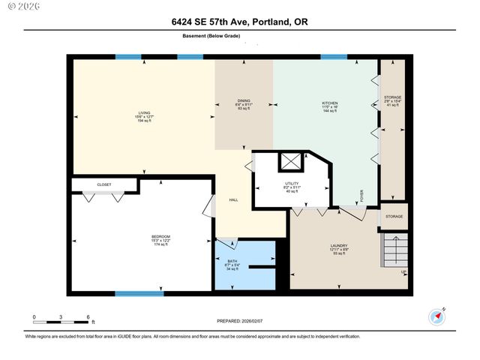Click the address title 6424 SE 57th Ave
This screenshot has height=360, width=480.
(x=239, y=22)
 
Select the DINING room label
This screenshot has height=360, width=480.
(x=244, y=101)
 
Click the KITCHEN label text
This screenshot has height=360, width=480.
(x=329, y=103)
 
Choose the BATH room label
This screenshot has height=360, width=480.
(x=232, y=262)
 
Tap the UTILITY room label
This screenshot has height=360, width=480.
(x=292, y=183)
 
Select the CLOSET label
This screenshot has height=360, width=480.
(x=103, y=184)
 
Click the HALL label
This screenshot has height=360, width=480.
(x=233, y=200)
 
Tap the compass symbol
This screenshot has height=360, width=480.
(x=436, y=316)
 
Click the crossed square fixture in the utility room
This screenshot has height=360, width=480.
(x=289, y=160)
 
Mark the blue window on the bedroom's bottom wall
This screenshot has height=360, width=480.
(x=139, y=293)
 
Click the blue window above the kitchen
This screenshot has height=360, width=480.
(x=334, y=57)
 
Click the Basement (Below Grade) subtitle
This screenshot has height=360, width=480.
(x=211, y=35)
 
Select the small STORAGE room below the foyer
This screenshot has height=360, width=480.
(x=394, y=216)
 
